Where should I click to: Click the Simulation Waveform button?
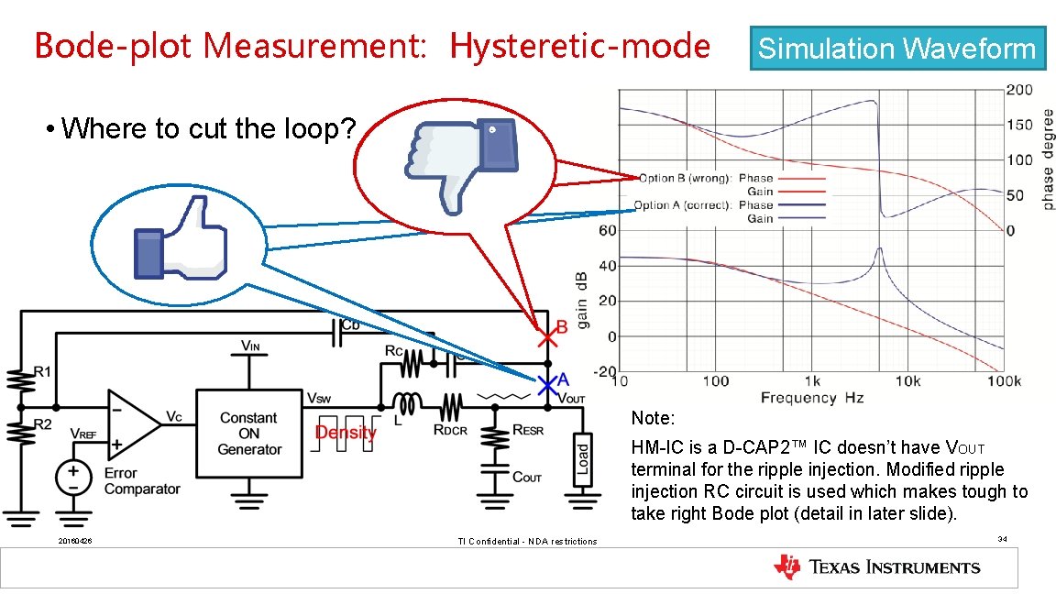click(897, 49)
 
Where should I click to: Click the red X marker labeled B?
click(547, 338)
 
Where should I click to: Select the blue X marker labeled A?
click(547, 383)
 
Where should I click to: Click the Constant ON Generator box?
click(249, 433)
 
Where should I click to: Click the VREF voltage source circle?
click(72, 478)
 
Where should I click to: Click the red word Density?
click(346, 432)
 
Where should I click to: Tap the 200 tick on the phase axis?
click(1018, 90)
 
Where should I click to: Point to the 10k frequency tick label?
click(907, 381)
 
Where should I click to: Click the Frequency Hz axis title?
click(812, 398)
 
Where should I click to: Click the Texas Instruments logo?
click(877, 567)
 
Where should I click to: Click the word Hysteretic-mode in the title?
click(579, 46)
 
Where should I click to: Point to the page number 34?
click(1003, 539)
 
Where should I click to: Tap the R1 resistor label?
click(42, 371)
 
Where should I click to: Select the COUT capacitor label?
click(527, 478)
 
